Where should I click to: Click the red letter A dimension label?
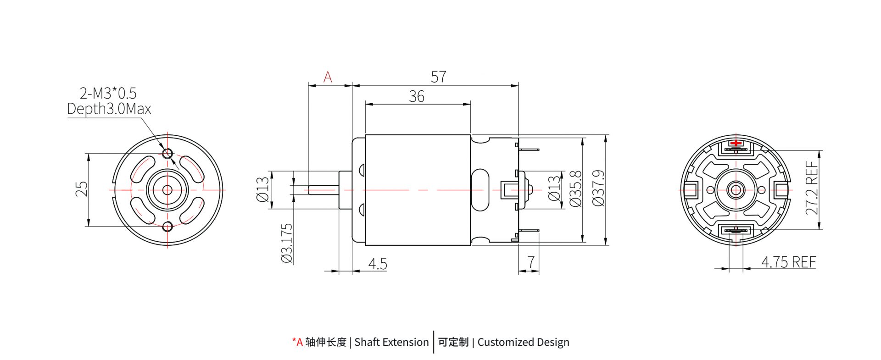[x=327, y=77]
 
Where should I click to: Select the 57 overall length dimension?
[x=438, y=77]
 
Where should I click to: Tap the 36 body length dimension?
[x=416, y=96]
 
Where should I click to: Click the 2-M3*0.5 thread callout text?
[x=108, y=93]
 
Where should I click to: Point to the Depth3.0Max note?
[x=109, y=109]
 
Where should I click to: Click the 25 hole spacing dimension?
[x=81, y=189]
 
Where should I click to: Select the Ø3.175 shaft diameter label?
[x=286, y=243]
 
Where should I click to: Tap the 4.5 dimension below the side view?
[x=377, y=264]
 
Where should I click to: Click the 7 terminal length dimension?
[x=531, y=262]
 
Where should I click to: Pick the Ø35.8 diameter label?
[x=575, y=188]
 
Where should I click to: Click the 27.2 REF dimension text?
[x=811, y=188]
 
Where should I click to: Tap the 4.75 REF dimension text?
[x=788, y=262]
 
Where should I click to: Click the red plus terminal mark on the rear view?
[x=736, y=143]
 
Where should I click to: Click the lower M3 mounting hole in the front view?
[x=167, y=226]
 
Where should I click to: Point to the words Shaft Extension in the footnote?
[x=391, y=342]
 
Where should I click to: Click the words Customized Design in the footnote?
[x=523, y=342]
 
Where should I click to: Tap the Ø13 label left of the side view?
[x=262, y=189]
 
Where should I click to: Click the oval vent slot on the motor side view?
[x=480, y=189]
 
